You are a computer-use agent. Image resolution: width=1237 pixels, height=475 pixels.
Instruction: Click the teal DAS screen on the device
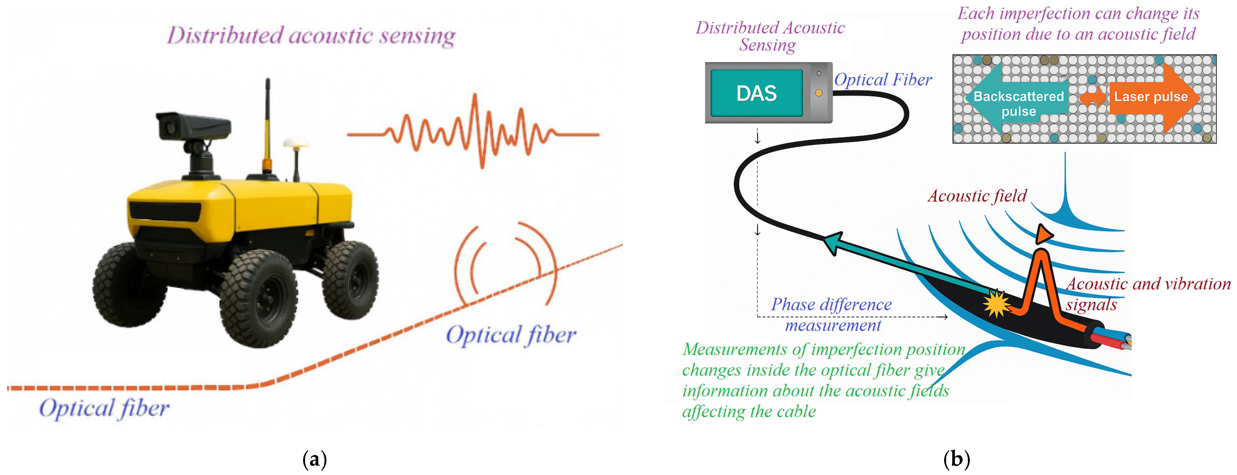click(756, 93)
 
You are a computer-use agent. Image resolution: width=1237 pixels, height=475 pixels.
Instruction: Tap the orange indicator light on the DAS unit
click(819, 93)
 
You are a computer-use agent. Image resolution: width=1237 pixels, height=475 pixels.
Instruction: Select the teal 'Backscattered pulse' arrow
click(1013, 101)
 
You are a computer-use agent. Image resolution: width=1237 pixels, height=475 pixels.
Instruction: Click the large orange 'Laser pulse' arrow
click(1152, 97)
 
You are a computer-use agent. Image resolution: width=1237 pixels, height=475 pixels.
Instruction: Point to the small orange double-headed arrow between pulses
click(1092, 97)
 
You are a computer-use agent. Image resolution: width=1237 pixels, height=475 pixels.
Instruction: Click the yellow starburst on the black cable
click(996, 304)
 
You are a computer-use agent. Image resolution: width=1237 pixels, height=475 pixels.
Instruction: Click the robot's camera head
click(192, 126)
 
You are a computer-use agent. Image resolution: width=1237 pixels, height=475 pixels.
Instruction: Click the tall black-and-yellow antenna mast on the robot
click(267, 125)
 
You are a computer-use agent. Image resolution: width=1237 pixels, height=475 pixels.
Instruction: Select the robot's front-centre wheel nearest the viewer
click(260, 297)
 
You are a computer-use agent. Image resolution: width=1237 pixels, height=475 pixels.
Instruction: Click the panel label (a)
click(314, 459)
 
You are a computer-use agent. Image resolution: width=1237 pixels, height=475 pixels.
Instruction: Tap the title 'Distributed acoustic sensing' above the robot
click(311, 36)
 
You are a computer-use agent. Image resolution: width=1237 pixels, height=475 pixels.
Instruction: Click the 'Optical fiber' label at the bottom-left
click(104, 408)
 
